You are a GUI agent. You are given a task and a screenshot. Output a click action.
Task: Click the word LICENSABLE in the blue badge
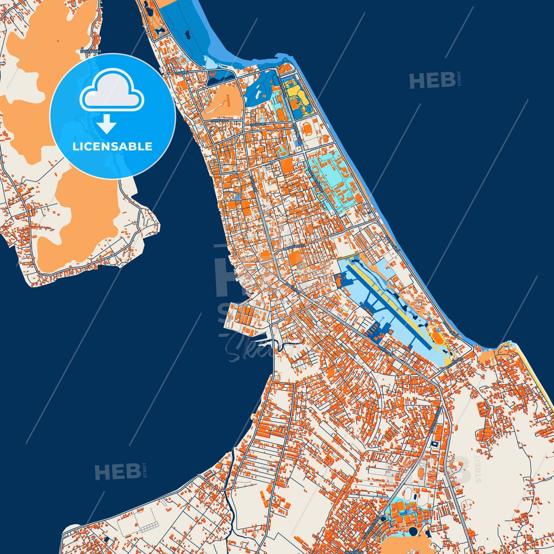(x=112, y=147)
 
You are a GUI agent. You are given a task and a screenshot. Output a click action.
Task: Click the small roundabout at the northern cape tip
(x=285, y=59)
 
